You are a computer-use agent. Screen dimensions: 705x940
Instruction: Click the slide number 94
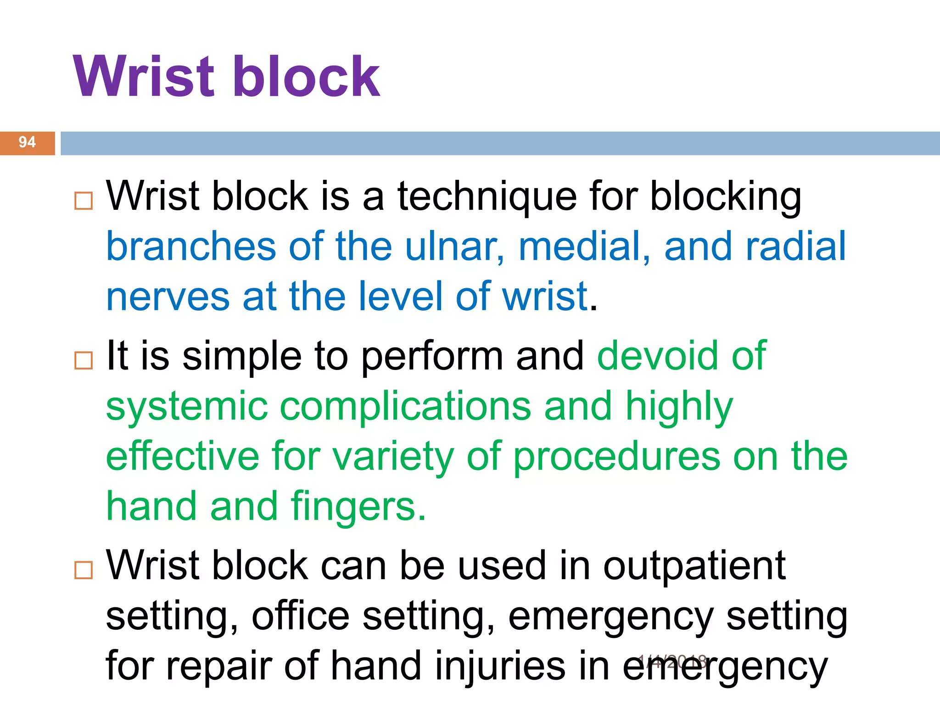(27, 142)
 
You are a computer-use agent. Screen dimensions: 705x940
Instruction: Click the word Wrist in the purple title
(144, 77)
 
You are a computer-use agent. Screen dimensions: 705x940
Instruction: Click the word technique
(487, 197)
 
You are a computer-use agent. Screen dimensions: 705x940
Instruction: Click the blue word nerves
(168, 297)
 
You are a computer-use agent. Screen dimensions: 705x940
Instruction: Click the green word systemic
(187, 407)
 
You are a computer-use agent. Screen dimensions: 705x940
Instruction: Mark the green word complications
(405, 407)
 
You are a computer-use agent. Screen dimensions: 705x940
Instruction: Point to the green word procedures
(617, 458)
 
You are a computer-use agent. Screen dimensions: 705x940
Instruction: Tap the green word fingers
(358, 507)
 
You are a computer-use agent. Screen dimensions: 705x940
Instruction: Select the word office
(301, 616)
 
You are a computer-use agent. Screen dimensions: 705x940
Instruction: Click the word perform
(432, 357)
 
